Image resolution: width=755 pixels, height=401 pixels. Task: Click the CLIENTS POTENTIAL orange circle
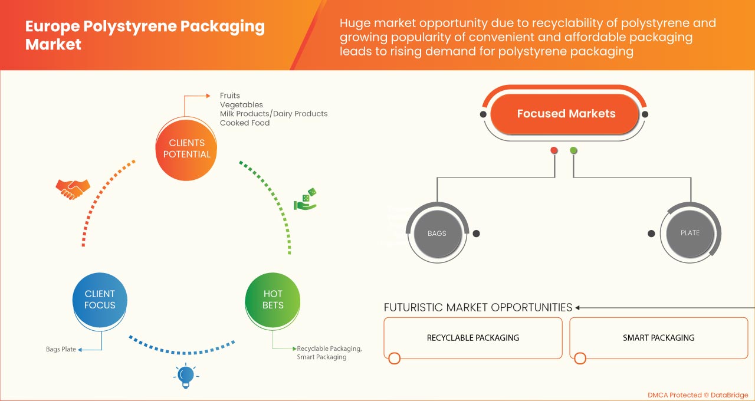[x=186, y=149]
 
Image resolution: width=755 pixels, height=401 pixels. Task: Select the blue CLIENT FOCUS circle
[x=100, y=300]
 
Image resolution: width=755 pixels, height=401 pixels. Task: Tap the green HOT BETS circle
[x=273, y=300]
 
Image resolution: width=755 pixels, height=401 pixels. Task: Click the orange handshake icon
[x=73, y=188]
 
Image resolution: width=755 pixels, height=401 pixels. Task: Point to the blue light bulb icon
[x=186, y=376]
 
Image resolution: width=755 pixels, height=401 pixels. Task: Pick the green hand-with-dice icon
[x=306, y=199]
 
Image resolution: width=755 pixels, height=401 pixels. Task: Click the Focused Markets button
[x=566, y=114]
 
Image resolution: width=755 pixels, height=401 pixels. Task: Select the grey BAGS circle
[x=436, y=234]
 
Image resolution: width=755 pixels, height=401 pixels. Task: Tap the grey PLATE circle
[x=690, y=233]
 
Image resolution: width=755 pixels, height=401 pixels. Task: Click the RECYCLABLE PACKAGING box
[x=472, y=338]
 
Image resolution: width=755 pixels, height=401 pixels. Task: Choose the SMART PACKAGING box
[x=658, y=338]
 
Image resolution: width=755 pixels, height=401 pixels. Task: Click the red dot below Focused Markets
[x=554, y=150]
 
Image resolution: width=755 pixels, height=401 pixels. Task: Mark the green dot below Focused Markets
[x=573, y=150]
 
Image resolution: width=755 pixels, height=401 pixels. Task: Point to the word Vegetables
[x=241, y=105]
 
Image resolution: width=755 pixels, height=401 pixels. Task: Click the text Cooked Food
[x=245, y=123]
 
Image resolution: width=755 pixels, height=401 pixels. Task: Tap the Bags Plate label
[x=61, y=349]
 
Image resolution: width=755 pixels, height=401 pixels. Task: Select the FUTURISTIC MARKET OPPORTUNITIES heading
[x=478, y=307]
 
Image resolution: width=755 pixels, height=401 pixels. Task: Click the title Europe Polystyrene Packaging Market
[x=145, y=35]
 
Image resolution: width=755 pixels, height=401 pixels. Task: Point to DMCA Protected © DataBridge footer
[x=697, y=395]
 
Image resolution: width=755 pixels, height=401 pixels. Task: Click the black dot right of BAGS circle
[x=476, y=234]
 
